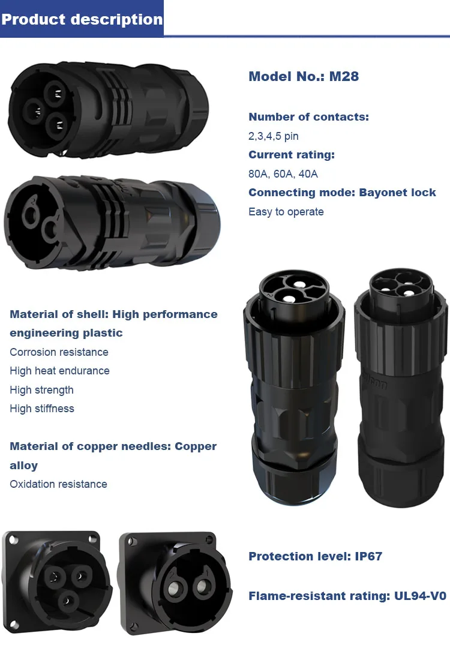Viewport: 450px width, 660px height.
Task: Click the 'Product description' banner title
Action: tap(82, 19)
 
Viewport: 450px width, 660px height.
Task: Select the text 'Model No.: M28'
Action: tap(304, 76)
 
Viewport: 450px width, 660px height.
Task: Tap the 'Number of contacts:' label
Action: tap(308, 116)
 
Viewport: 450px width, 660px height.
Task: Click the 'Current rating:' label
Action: tap(292, 154)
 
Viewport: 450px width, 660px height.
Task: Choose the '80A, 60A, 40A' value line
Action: tap(283, 174)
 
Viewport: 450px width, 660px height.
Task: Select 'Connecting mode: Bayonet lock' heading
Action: tap(342, 193)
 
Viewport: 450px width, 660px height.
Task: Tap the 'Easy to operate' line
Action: tap(286, 212)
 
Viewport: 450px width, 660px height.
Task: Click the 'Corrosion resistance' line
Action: tap(59, 352)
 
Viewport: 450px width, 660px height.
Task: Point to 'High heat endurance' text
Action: tap(59, 371)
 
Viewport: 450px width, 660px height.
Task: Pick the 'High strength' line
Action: tap(41, 390)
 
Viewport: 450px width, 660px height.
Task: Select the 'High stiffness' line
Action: tap(42, 409)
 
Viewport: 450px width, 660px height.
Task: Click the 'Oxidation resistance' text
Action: tap(58, 484)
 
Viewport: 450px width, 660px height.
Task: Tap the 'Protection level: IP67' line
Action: tap(315, 556)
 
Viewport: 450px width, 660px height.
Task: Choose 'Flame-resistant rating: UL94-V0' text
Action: tap(347, 596)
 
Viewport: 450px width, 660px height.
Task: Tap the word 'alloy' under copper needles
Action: tap(23, 466)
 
